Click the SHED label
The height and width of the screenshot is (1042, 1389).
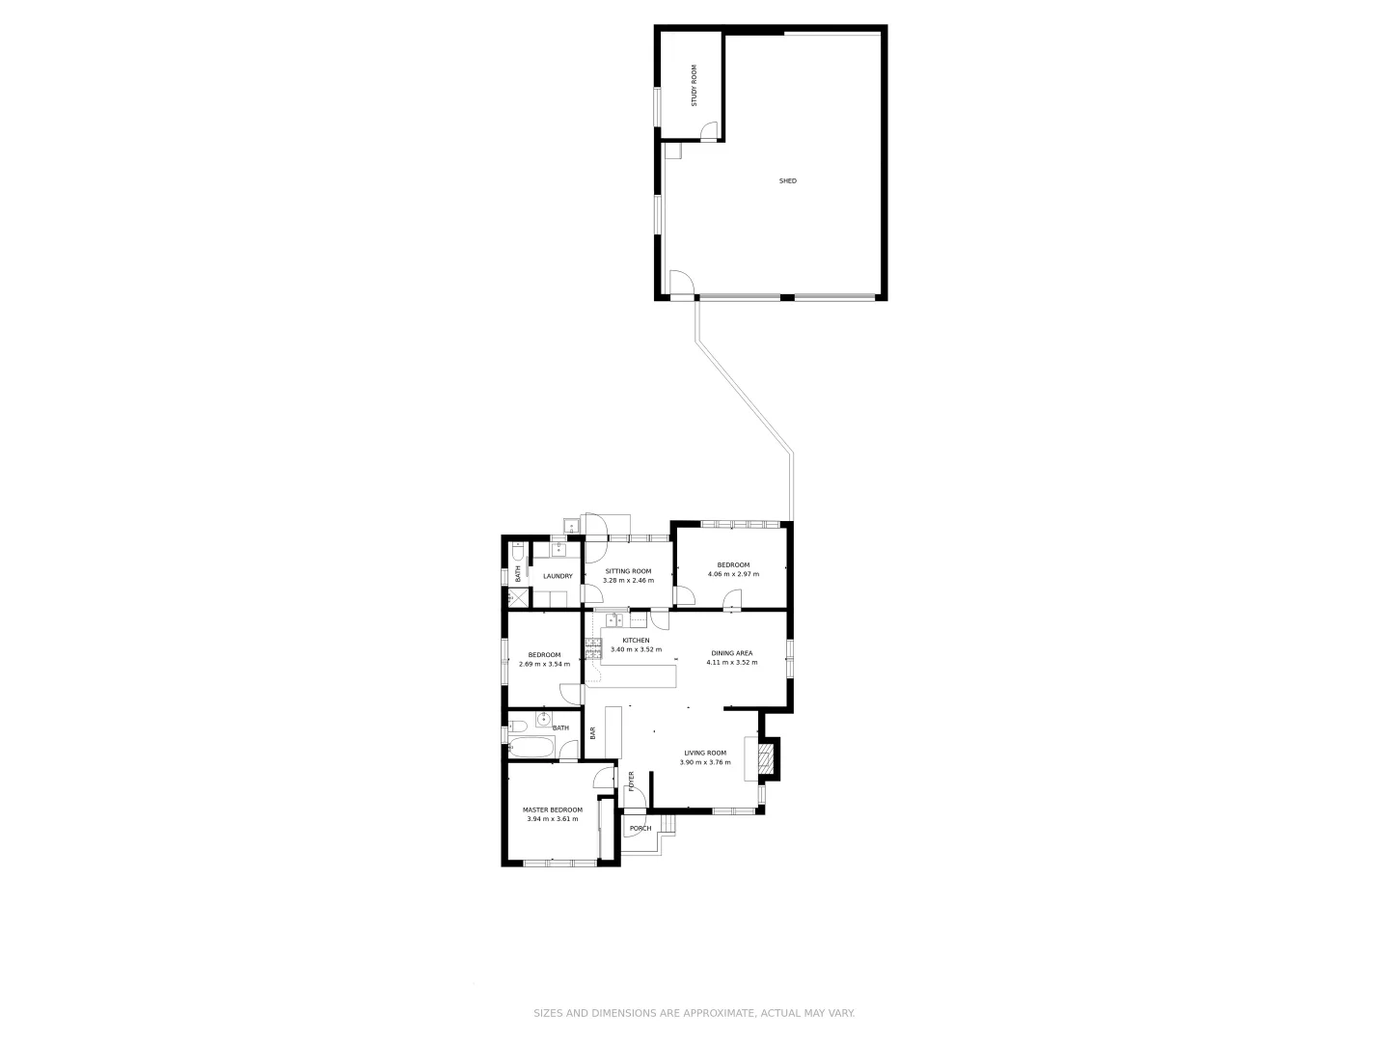coord(788,181)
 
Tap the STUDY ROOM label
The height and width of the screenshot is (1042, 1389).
coord(693,85)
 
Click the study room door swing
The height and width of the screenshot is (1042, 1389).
coord(708,130)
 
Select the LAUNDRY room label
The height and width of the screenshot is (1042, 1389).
coord(558,577)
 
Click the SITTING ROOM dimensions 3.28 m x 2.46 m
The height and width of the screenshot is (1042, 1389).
coord(628,581)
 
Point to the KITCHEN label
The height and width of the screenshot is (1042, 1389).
coord(636,641)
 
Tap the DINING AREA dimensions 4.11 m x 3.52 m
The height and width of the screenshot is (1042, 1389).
coord(732,663)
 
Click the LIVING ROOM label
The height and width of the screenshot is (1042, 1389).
coord(705,753)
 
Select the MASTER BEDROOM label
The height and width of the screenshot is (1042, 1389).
coord(553,809)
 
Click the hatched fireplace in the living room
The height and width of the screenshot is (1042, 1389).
coord(767,758)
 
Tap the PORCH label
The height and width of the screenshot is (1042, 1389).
coord(640,829)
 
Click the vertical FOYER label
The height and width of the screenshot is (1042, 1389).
coord(632,781)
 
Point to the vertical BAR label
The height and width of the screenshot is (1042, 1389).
coord(593,733)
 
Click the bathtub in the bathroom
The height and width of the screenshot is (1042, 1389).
coord(531,748)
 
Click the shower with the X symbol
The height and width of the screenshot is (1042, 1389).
coord(518,598)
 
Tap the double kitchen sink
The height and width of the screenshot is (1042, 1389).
coord(615,620)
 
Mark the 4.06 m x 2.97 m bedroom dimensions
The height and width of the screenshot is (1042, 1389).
coord(733,574)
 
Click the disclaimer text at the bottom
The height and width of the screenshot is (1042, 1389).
coord(694,1013)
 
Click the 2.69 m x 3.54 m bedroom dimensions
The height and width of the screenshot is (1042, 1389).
coord(544,664)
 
